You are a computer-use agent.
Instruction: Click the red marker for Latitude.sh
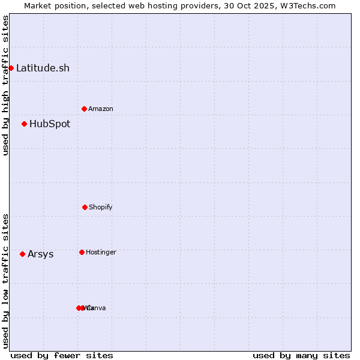11,68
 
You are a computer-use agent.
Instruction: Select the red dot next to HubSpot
24,124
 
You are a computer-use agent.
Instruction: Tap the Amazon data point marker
84,109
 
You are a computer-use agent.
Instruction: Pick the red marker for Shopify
85,207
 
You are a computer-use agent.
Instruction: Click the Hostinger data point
82,252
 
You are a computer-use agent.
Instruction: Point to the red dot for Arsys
22,254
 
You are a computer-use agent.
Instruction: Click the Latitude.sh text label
43,68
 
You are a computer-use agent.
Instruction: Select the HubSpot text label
50,124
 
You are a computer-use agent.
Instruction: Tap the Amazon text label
101,109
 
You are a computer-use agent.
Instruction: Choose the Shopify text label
101,207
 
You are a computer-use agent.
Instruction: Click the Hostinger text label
101,252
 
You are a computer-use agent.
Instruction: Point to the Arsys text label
40,254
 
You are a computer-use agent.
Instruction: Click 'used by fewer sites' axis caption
62,355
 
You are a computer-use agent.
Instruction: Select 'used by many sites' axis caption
301,355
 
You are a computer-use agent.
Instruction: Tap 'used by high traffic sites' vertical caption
5,86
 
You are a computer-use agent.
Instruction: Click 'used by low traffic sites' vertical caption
5,281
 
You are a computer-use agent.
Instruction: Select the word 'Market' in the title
38,5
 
